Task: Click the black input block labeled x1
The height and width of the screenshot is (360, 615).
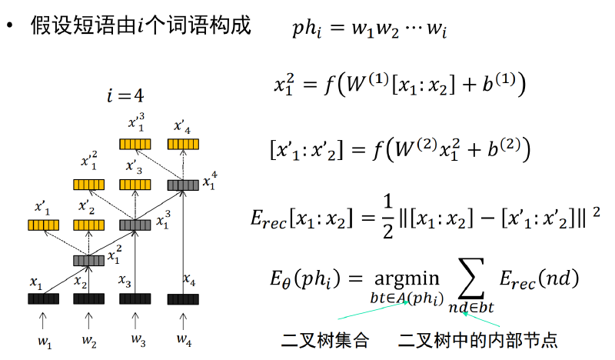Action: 44,298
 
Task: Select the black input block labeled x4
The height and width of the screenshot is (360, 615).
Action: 183,299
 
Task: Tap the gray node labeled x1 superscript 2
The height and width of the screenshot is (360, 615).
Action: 89,261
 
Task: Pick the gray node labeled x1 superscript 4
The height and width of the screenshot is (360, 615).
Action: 183,185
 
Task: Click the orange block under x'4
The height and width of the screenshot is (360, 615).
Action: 183,144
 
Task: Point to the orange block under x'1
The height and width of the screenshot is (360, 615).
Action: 44,225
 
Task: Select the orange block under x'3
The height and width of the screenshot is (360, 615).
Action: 135,185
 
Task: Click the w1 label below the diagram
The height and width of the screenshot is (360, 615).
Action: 45,342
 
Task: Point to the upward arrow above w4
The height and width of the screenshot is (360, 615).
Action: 183,321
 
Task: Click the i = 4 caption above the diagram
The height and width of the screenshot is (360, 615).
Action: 125,95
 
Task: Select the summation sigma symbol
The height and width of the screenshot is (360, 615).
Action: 471,278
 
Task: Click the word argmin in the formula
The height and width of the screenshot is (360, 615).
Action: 407,279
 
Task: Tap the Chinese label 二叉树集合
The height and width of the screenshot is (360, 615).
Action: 325,340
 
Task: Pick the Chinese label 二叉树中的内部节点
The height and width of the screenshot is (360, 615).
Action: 477,340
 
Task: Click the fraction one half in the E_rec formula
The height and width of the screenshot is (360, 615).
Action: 388,217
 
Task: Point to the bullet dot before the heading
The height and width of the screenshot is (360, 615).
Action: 9,25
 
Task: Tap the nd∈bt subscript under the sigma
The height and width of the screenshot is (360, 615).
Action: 471,308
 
